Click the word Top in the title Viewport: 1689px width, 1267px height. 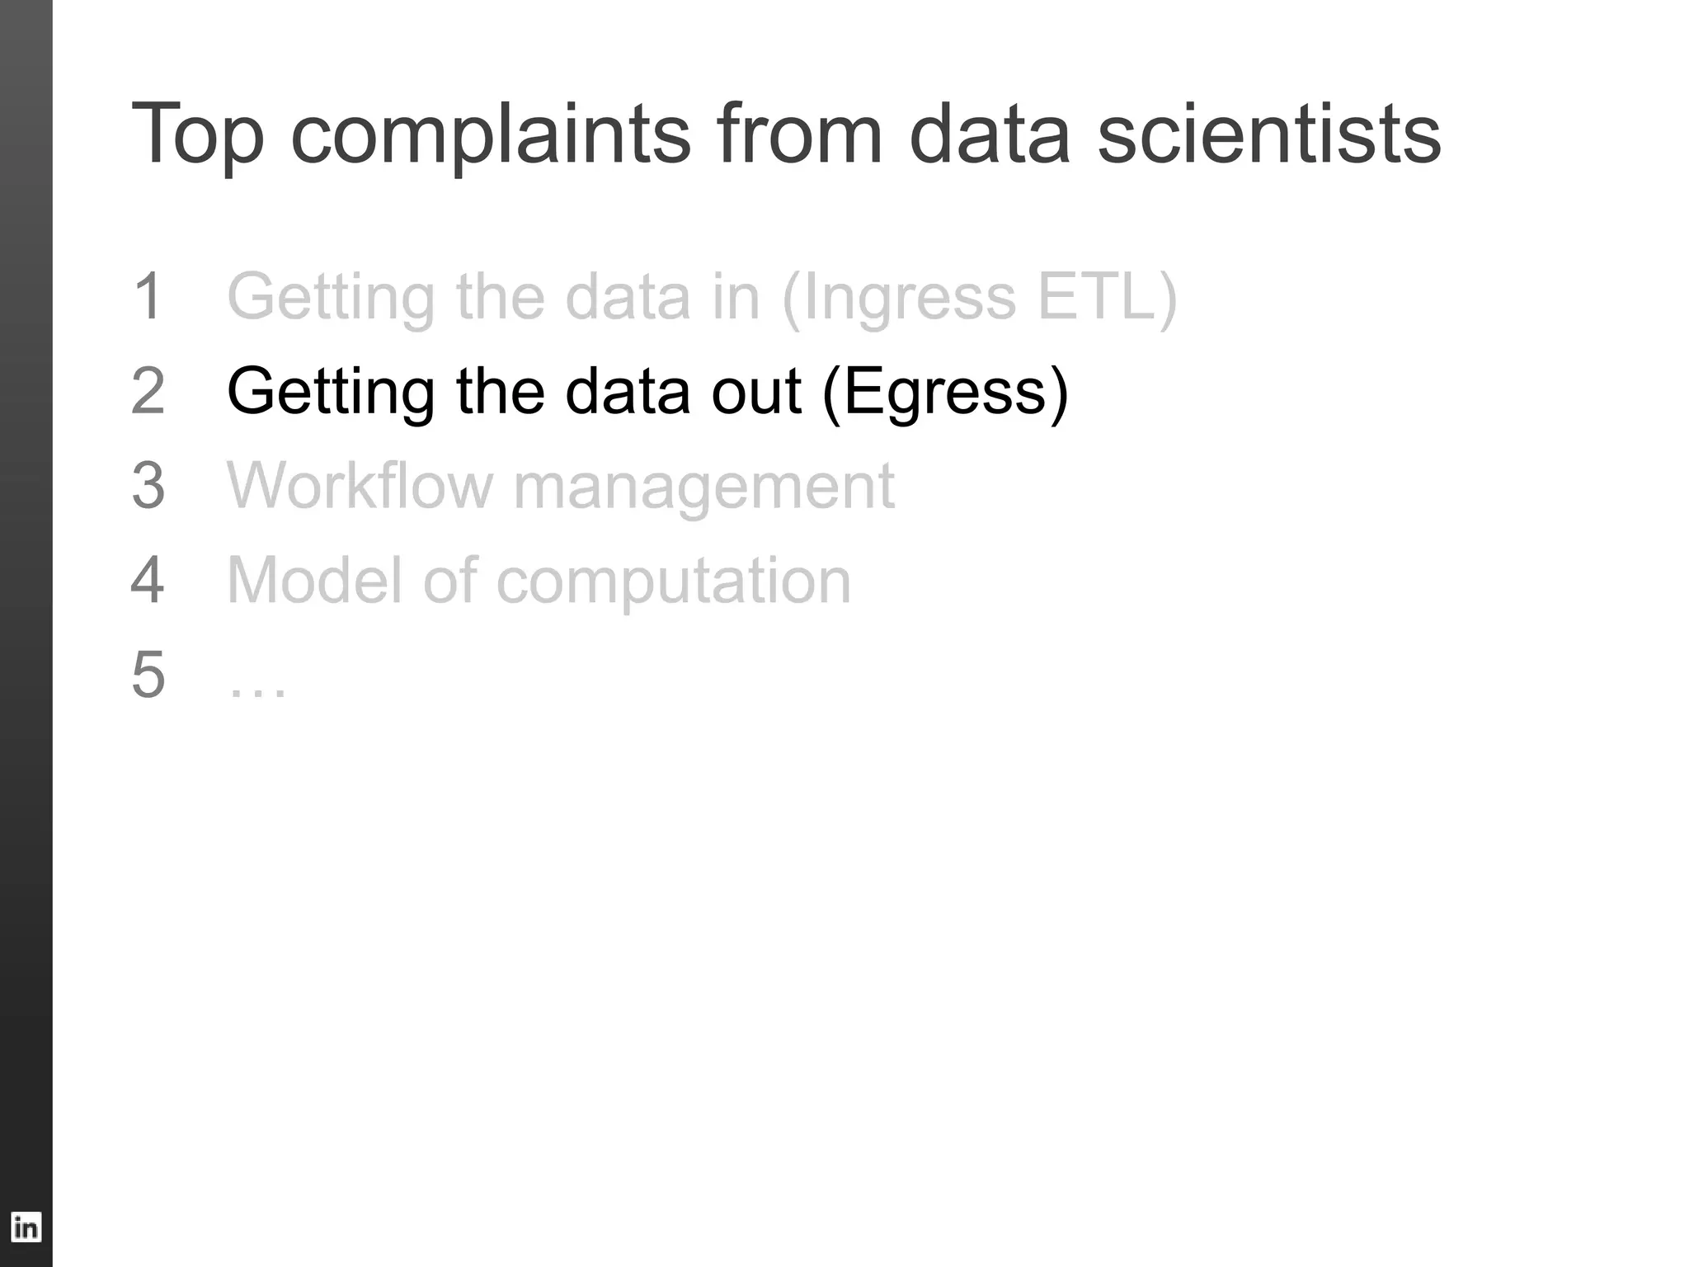(x=197, y=134)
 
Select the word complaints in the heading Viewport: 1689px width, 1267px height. (x=491, y=134)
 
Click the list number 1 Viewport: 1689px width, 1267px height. (x=148, y=297)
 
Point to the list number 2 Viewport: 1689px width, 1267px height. (x=148, y=391)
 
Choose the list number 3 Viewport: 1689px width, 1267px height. (x=148, y=486)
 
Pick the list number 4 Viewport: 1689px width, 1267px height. (x=148, y=580)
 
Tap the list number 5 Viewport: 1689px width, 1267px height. (x=148, y=675)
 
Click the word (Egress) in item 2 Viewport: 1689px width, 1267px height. (x=945, y=391)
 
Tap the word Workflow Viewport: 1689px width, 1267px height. (x=360, y=486)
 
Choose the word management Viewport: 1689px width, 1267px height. (x=703, y=486)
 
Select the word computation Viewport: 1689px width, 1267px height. (x=673, y=580)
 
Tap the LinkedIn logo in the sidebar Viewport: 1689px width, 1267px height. (x=26, y=1227)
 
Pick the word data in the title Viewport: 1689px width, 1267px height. (x=989, y=134)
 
